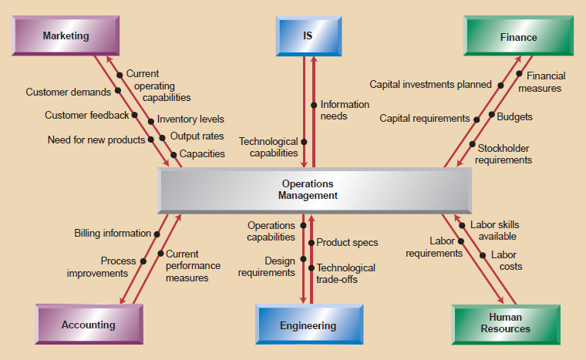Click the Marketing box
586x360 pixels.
coord(66,36)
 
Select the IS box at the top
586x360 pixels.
coord(308,36)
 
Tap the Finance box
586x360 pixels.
coord(518,37)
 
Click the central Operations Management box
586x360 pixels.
coord(308,190)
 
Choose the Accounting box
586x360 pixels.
coord(88,325)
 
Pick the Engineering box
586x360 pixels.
coord(308,325)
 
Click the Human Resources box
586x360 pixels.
coord(505,323)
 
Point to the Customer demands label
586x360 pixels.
coord(68,93)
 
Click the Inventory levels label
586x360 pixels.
coord(190,119)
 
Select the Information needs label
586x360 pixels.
coord(345,110)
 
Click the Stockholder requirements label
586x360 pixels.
coord(503,154)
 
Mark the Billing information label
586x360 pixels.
coord(113,233)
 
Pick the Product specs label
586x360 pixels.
coord(347,242)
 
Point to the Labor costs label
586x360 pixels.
coord(505,261)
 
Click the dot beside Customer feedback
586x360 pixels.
coord(135,115)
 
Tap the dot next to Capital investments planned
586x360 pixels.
coord(500,85)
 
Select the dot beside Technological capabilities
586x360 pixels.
coord(304,142)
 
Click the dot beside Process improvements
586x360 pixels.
coord(143,261)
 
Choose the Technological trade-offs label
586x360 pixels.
coord(345,274)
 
